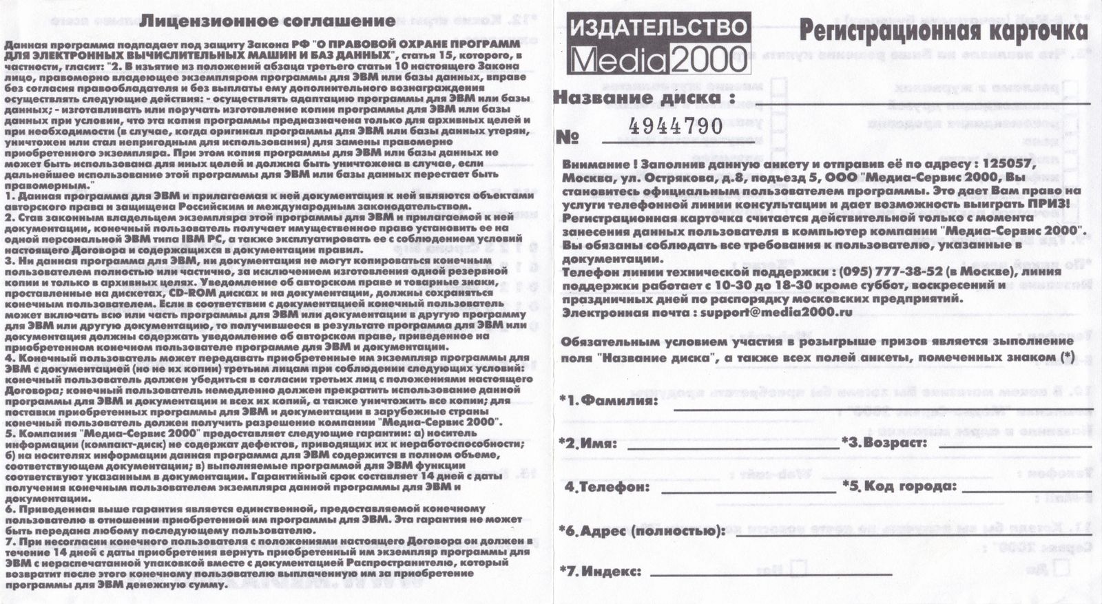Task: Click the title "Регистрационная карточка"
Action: click(x=943, y=31)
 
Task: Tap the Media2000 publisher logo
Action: click(x=658, y=44)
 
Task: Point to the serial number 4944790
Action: click(x=675, y=126)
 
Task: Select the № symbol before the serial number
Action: click(x=567, y=137)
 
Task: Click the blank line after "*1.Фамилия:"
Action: click(x=882, y=408)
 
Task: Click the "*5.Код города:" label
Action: click(x=900, y=486)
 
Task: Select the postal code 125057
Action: click(x=1010, y=164)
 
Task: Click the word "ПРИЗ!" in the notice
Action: click(x=1048, y=204)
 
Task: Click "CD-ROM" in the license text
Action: click(x=186, y=292)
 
